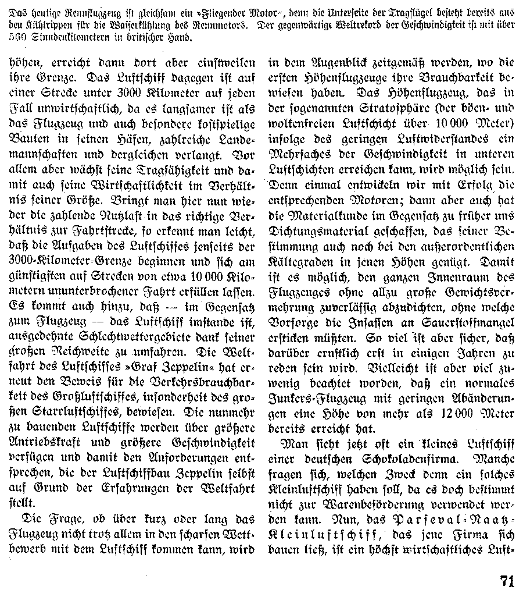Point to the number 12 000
[x=432, y=413]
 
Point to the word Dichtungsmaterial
[x=316, y=231]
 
